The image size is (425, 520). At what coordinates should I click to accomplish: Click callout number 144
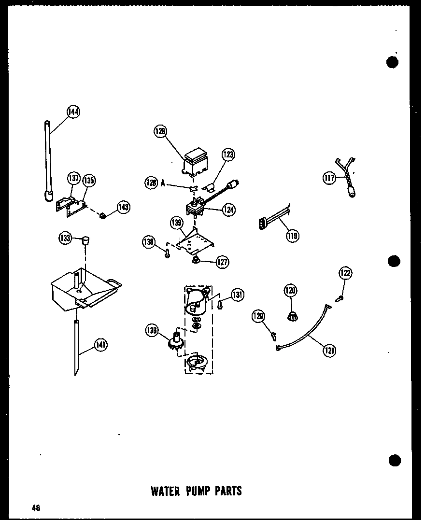point(73,112)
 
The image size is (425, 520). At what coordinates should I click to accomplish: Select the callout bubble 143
point(123,207)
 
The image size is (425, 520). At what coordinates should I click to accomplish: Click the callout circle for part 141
point(100,345)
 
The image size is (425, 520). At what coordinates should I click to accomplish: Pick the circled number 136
point(151,330)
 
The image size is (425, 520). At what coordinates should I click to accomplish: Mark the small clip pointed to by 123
point(211,185)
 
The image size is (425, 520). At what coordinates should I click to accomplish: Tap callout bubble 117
point(329,178)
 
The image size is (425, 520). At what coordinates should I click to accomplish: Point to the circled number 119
point(292,236)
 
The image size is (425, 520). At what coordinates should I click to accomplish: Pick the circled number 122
point(346,273)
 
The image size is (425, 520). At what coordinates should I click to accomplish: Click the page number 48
point(37,507)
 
